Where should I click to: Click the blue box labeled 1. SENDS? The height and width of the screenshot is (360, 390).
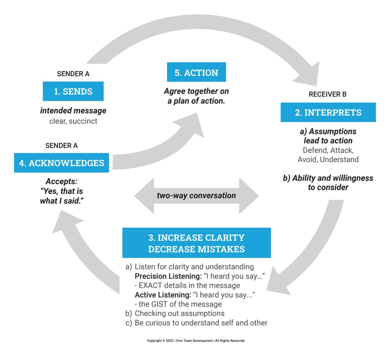pyautogui.click(x=73, y=91)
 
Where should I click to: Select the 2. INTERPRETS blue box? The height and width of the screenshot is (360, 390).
pyautogui.click(x=328, y=112)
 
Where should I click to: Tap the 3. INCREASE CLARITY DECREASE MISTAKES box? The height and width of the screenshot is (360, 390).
pyautogui.click(x=196, y=243)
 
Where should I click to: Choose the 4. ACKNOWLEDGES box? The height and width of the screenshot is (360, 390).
pyautogui.click(x=61, y=163)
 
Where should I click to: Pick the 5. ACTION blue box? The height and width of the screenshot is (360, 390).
pyautogui.click(x=196, y=72)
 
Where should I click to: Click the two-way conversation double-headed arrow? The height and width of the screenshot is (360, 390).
pyautogui.click(x=196, y=196)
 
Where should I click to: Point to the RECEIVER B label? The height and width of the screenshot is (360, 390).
pyautogui.click(x=328, y=95)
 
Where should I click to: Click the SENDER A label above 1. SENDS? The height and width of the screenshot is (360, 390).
pyautogui.click(x=73, y=74)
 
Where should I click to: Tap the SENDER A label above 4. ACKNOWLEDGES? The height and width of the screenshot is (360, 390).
pyautogui.click(x=61, y=145)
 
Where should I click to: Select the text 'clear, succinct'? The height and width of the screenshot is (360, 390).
pyautogui.click(x=73, y=121)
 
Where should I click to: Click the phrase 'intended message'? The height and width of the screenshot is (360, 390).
pyautogui.click(x=73, y=111)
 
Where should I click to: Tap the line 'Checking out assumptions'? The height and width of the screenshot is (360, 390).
pyautogui.click(x=179, y=314)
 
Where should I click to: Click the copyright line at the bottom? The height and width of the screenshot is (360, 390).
pyautogui.click(x=196, y=341)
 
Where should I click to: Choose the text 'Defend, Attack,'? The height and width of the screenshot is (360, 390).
pyautogui.click(x=328, y=150)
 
